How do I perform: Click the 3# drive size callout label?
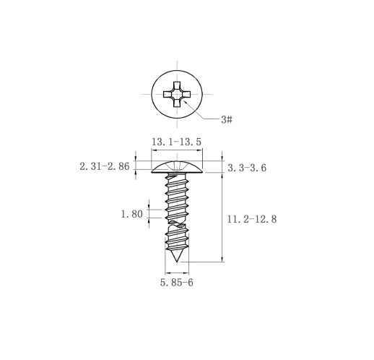(x=227, y=119)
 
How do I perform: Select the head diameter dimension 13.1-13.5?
(x=176, y=142)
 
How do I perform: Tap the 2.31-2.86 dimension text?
(x=105, y=166)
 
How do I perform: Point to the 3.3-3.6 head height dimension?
(x=247, y=168)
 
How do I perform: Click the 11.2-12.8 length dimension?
(x=252, y=219)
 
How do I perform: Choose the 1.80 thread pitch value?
(x=131, y=214)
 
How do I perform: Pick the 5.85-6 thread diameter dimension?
(x=177, y=283)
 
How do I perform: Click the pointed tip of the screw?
(x=177, y=261)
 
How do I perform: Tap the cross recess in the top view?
(x=177, y=94)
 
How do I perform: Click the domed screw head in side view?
(x=177, y=168)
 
